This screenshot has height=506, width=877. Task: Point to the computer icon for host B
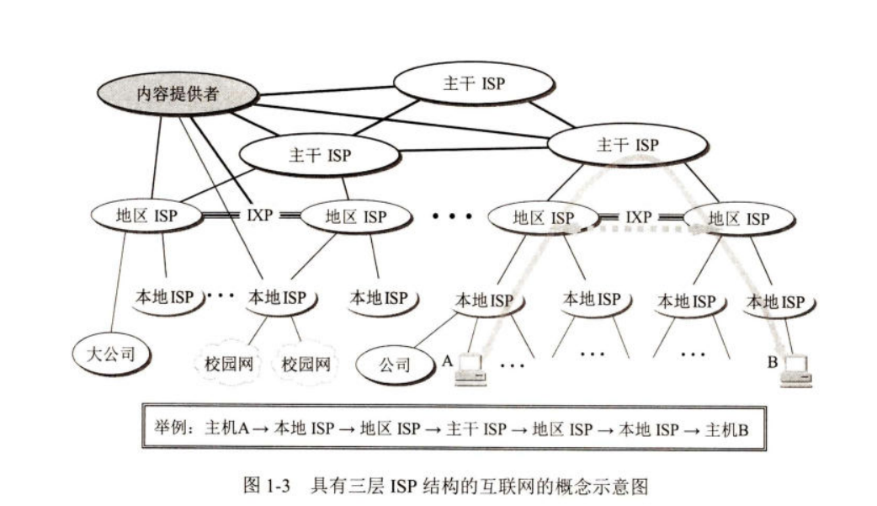coord(795,370)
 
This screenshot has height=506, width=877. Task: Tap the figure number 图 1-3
coord(265,485)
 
